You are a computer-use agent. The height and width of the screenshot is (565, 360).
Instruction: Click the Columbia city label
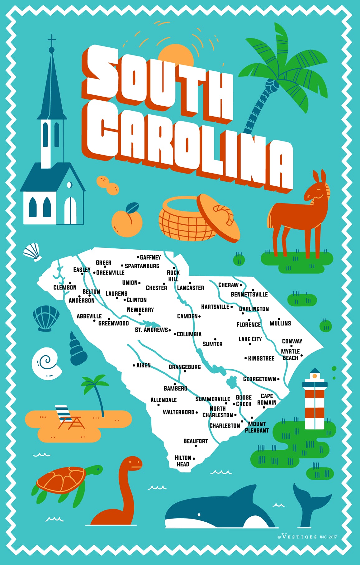[x=189, y=334]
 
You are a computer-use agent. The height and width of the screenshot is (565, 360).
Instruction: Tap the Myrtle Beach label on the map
[x=290, y=355]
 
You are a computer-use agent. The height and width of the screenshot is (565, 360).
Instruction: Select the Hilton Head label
[x=183, y=461]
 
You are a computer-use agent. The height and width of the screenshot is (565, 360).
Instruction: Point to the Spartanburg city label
[x=142, y=266]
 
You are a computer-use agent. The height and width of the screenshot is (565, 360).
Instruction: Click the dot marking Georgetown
[x=278, y=379]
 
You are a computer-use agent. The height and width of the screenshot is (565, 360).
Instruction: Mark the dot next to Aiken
[x=134, y=365]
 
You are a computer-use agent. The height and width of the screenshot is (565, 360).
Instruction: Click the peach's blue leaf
[x=132, y=208]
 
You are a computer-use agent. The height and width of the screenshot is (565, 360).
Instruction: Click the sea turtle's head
[x=95, y=469]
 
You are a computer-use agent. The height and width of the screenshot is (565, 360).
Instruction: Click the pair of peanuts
[x=108, y=185]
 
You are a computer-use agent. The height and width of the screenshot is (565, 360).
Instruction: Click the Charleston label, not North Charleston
[x=225, y=426]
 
